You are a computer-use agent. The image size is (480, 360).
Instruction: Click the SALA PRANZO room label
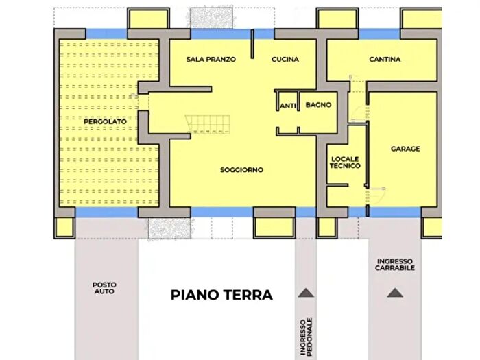coord(211,60)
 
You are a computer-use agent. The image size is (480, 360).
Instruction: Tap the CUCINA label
coord(285,60)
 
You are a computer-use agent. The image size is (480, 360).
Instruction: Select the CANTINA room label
coord(385,60)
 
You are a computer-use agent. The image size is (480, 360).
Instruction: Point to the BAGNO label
coord(318,105)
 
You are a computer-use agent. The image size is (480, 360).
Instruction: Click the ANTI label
coord(287,106)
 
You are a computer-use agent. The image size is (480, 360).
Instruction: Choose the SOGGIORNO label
coord(241,170)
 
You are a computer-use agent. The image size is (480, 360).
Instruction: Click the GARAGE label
coord(405,149)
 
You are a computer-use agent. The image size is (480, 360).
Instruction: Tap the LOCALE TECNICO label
coord(345,162)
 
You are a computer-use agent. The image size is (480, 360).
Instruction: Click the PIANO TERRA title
coord(221,295)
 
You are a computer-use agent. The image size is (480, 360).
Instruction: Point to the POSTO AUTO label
coord(104,288)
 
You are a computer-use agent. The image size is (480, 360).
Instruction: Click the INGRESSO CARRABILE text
coord(395,265)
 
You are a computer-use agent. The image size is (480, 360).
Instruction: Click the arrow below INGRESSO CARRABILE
coord(394,293)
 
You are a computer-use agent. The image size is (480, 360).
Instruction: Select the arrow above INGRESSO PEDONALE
coord(307,293)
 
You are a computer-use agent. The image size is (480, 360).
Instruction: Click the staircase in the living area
coord(206,123)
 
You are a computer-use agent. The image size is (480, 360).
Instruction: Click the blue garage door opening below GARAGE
coord(396,212)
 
